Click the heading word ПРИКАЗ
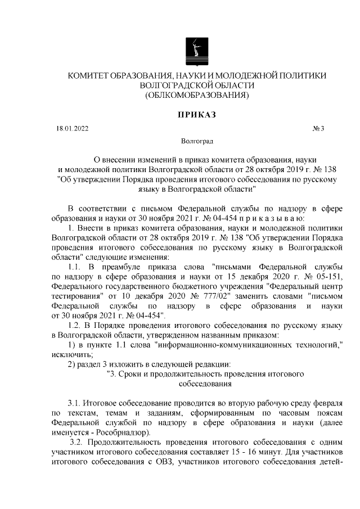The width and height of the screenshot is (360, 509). click(197, 114)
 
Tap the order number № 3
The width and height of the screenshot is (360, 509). click(318, 129)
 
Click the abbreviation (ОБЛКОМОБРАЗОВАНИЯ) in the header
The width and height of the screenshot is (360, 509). click(197, 95)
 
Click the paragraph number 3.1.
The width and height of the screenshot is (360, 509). click(74, 404)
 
